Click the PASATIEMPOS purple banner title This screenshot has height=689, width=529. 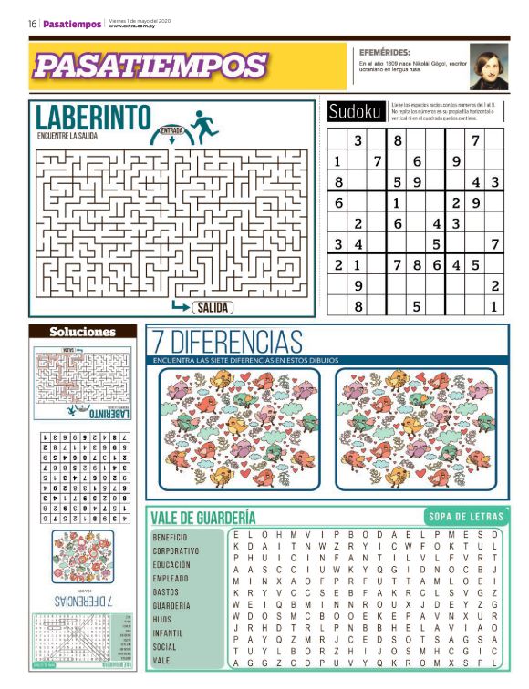coord(150,65)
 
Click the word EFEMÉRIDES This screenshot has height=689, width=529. coord(385,52)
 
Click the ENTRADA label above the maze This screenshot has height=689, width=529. coord(171,130)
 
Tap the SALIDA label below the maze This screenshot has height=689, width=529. coord(212,307)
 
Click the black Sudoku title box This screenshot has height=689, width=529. coord(355,111)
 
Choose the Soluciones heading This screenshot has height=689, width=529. coord(82,332)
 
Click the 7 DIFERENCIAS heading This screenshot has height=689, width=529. coord(227,343)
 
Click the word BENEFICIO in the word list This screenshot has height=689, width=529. coord(170,538)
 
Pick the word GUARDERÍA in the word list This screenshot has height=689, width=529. coord(171,605)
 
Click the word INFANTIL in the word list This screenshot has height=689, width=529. coord(169,632)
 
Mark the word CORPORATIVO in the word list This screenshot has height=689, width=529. coord(175,551)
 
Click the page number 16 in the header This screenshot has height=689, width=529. coord(32,24)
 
